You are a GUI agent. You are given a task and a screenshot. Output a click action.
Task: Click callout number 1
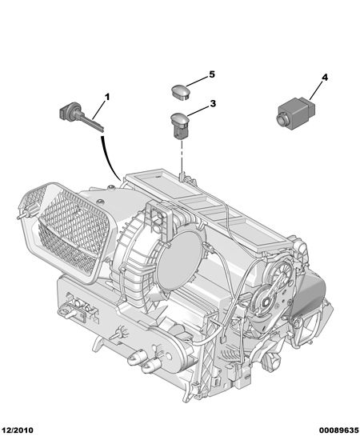tap(107, 97)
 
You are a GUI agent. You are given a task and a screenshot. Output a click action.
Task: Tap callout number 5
tap(212, 74)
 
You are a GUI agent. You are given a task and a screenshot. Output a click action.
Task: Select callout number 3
tap(213, 103)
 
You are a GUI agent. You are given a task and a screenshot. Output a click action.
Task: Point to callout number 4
tap(325, 78)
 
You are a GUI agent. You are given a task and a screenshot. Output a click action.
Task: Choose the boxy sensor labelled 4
tap(295, 114)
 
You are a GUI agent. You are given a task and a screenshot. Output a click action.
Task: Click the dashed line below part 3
tap(182, 157)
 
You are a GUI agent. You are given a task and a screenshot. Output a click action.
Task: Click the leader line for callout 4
tap(316, 91)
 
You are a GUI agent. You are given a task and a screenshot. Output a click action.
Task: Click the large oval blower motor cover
tap(179, 260)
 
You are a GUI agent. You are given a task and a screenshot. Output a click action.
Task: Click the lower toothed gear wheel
tap(265, 301)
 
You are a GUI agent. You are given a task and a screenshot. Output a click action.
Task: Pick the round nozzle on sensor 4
tap(281, 120)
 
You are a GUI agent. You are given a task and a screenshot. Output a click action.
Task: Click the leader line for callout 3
tap(198, 110)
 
